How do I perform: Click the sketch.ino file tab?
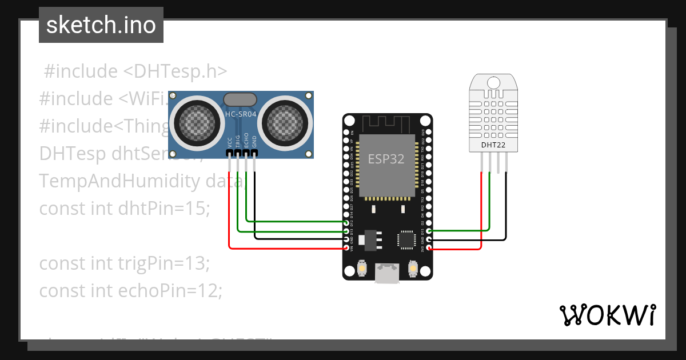click(101, 25)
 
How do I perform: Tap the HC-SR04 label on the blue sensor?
click(241, 114)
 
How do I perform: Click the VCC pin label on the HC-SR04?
click(230, 143)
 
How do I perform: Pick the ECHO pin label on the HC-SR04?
click(246, 141)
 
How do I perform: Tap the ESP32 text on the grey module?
click(386, 159)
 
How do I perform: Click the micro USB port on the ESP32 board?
click(387, 273)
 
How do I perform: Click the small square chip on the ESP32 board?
click(407, 240)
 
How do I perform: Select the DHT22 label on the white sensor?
click(493, 145)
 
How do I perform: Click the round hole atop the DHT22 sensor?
click(493, 83)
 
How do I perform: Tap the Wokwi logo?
click(607, 315)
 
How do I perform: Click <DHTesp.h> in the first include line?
click(176, 71)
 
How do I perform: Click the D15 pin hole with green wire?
click(429, 231)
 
